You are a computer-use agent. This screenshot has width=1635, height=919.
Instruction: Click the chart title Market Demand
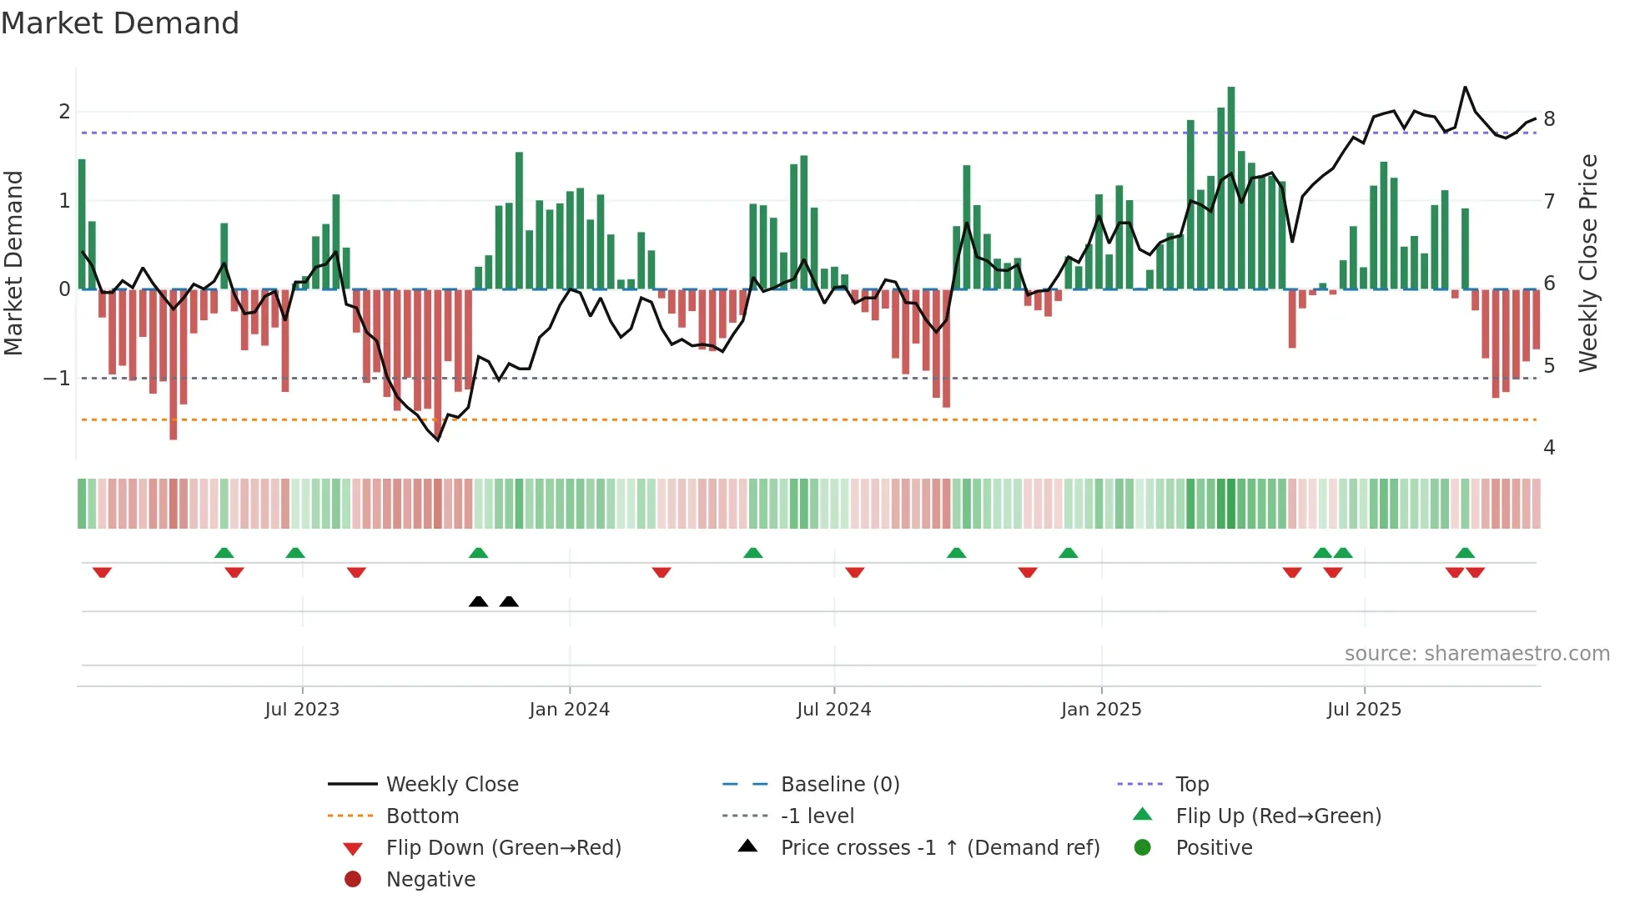pos(120,23)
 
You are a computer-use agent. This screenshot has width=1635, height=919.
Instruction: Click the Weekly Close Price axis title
pos(1588,263)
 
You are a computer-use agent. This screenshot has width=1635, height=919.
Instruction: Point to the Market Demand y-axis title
pos(13,263)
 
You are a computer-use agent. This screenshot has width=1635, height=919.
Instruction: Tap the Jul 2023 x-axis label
pos(302,710)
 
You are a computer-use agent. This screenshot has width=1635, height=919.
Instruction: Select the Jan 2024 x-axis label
pos(569,710)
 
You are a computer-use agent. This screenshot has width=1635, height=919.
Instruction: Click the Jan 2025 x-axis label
pos(1100,710)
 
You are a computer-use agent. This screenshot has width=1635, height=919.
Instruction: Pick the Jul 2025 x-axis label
pos(1364,710)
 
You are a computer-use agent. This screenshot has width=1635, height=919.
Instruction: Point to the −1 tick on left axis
pos(58,379)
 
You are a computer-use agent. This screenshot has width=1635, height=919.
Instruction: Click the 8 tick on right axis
pos(1549,119)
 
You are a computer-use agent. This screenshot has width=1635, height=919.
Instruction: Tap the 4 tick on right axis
pos(1549,448)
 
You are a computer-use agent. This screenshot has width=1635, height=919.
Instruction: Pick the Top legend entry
pos(1192,785)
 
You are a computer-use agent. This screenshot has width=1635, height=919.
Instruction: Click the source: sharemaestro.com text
pos(1477,654)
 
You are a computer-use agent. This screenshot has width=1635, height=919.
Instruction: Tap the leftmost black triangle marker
pos(478,602)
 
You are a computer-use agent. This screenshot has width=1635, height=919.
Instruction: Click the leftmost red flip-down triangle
pos(102,572)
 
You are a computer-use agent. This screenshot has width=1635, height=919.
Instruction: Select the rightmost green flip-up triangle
pos(1465,553)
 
